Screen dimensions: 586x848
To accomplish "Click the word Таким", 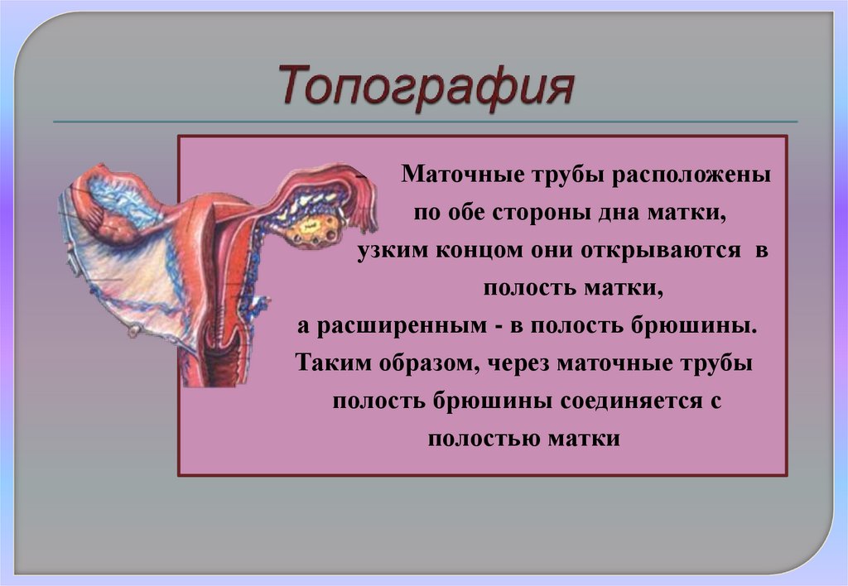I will (x=333, y=364).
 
